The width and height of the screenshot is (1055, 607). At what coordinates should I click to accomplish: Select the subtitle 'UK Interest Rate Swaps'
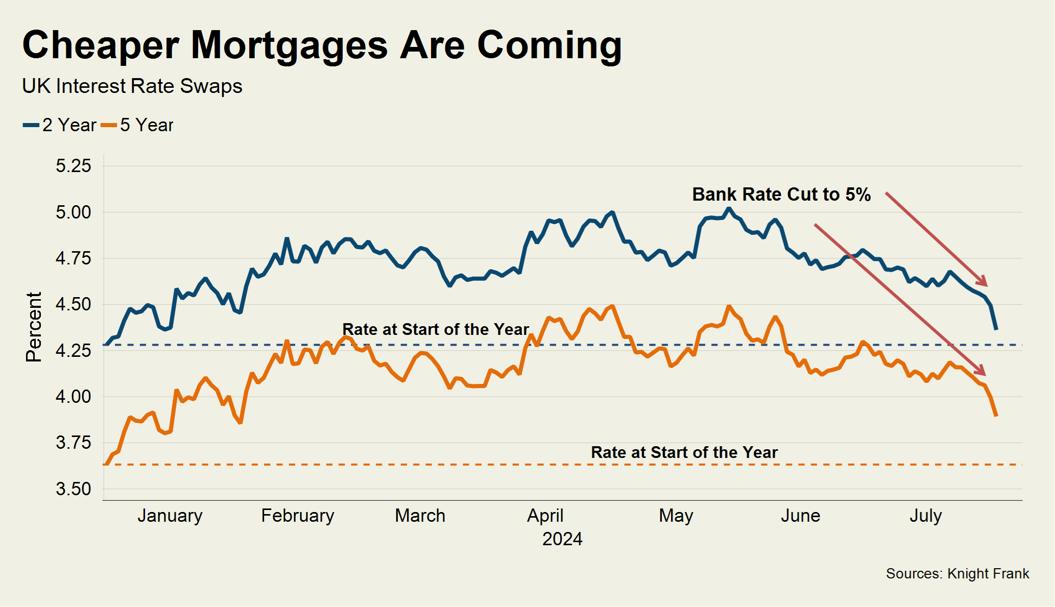point(132,86)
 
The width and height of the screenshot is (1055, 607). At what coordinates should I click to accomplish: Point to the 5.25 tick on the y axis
point(73,166)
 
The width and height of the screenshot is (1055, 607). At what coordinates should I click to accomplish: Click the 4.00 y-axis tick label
point(73,397)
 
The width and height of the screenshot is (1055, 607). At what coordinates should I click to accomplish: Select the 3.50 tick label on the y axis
point(73,489)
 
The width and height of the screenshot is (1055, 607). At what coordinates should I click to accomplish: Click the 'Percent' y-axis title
point(34,327)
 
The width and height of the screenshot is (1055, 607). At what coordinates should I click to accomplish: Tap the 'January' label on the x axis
point(170,516)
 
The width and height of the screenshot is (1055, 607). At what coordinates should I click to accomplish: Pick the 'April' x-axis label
point(545,516)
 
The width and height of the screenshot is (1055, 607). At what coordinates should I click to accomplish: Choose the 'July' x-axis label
point(925,516)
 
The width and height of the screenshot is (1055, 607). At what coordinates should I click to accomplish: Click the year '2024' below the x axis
point(562,539)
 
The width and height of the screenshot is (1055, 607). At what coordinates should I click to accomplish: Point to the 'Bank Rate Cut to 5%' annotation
point(781,195)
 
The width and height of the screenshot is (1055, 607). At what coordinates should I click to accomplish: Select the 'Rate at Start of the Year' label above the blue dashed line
point(435,329)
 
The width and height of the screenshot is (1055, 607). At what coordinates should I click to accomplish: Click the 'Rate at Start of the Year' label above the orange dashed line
point(684,452)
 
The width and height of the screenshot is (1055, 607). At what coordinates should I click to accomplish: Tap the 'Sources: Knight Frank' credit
point(957,574)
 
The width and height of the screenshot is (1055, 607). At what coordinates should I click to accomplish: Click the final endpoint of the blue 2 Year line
point(996,329)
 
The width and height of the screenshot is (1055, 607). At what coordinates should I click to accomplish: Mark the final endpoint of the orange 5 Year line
point(996,416)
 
